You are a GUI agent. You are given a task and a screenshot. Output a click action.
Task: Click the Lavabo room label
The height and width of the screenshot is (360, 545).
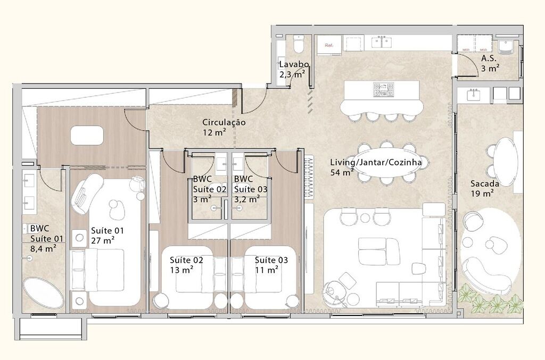click(292, 64)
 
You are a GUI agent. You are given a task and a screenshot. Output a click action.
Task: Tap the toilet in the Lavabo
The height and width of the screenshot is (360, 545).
click(299, 41)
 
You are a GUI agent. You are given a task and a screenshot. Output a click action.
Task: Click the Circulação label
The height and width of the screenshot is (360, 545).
click(224, 122)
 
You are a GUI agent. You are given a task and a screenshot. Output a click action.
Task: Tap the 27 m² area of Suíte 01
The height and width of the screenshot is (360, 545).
click(102, 240)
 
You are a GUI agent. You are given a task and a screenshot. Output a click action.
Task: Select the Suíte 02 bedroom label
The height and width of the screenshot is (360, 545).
click(186, 260)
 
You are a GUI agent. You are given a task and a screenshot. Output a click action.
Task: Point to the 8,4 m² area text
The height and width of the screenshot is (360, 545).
click(43, 247)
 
